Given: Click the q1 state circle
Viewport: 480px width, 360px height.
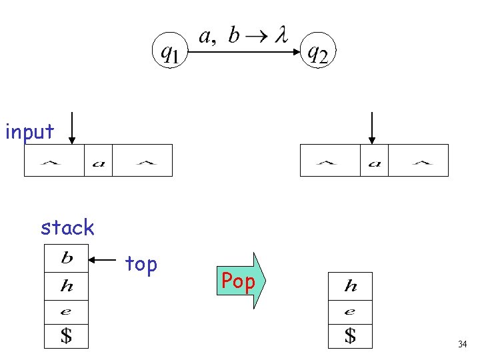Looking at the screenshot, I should coord(171,51).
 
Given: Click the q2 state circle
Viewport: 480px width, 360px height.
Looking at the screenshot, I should coord(317,51).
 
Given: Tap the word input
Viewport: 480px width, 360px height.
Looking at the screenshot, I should coord(29,132).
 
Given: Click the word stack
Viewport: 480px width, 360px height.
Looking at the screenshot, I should coord(67,228).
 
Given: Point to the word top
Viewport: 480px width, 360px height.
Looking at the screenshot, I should coord(141,265).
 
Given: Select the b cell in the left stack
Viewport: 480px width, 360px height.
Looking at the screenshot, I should coord(66,258).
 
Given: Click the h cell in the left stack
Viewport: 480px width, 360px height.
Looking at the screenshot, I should coord(66,287).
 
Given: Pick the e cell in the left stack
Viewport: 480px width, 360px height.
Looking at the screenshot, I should coord(66,311).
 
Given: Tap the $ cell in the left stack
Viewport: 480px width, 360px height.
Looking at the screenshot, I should coord(66,335).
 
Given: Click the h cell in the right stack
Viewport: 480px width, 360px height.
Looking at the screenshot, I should coord(350,287).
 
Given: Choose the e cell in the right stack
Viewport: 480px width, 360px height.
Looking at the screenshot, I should coord(350,311).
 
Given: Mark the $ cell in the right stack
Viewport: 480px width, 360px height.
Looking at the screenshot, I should coord(350,335).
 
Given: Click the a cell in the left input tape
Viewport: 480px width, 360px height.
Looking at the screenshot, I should coord(98,161).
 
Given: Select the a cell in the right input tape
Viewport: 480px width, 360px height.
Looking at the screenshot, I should coord(374,161).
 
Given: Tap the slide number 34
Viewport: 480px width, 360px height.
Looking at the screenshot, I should coord(462,345).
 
